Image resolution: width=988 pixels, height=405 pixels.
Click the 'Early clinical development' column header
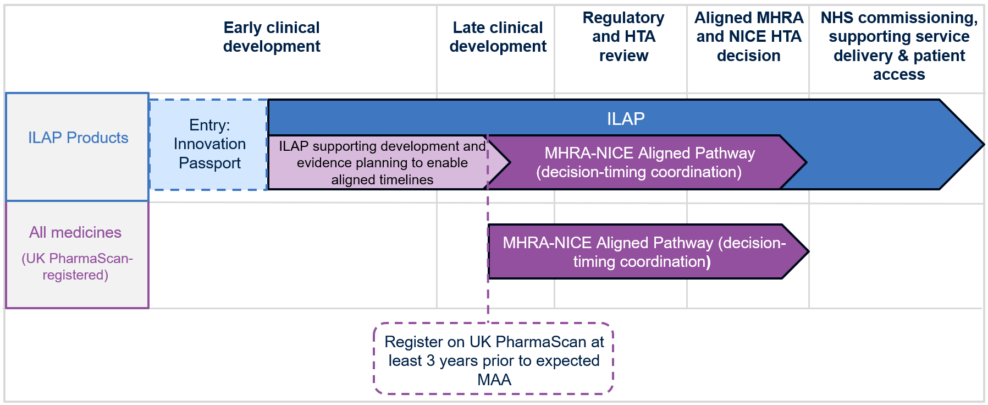tap(272, 37)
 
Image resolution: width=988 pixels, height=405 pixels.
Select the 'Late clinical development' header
tap(498, 37)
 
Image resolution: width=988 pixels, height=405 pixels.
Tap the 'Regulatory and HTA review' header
tap(623, 37)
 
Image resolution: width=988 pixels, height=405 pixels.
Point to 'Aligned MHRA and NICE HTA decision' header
tap(749, 37)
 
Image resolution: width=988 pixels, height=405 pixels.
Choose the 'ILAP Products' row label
tap(78, 138)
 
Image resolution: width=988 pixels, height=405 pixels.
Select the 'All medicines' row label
tap(75, 232)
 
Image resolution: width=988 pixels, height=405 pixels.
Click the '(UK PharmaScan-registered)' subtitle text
tap(77, 266)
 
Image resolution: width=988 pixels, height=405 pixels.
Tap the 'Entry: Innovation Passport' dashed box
tap(208, 145)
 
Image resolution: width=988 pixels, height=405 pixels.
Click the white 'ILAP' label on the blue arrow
tap(626, 118)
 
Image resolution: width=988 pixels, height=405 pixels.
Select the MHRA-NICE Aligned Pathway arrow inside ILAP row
tap(647, 162)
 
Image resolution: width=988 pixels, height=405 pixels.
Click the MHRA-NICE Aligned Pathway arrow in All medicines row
tap(648, 251)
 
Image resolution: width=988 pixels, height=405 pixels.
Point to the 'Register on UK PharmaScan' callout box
tap(493, 358)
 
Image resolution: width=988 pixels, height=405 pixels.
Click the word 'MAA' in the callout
tap(494, 380)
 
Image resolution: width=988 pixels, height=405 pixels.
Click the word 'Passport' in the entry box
tap(209, 163)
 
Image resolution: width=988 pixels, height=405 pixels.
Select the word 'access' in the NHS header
tap(899, 75)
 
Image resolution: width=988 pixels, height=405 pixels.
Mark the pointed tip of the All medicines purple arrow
tap(808, 251)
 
